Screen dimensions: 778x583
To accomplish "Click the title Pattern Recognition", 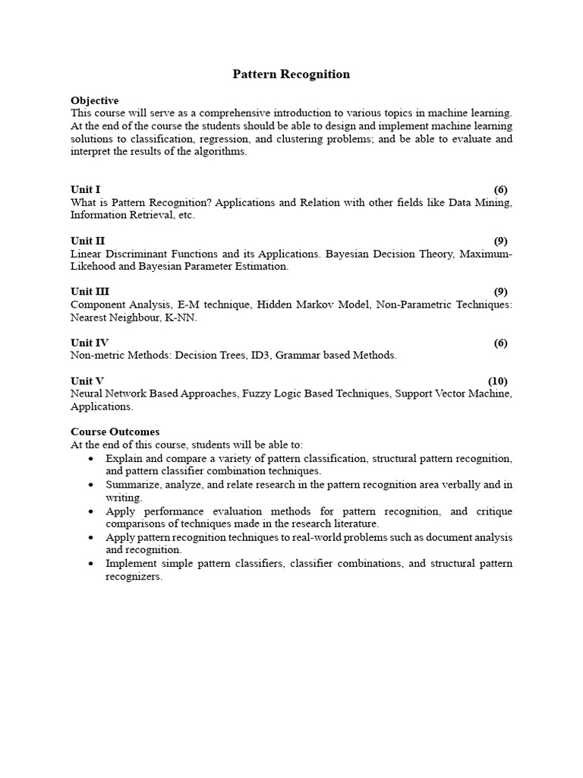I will pos(291,74).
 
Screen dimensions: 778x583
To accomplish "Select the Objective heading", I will pos(94,100).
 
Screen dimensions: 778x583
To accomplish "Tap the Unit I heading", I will pos(85,189).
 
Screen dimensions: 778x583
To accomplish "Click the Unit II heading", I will pos(87,241).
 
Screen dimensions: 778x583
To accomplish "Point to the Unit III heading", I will pos(90,292).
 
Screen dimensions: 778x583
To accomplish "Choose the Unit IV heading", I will pos(89,343).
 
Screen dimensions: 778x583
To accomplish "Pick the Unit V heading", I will pos(87,381).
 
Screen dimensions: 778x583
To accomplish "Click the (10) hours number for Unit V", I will pos(497,381).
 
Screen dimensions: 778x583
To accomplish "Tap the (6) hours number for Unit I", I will pos(500,189).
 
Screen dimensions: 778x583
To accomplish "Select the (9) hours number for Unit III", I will pos(500,292).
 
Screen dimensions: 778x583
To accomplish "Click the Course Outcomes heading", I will pos(115,432).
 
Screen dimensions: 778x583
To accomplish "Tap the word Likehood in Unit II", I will pos(93,267).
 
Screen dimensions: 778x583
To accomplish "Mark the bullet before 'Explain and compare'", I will pos(92,460).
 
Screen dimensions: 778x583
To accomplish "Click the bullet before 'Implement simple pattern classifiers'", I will pos(92,564).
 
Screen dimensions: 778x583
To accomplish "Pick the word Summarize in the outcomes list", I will pos(132,485).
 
